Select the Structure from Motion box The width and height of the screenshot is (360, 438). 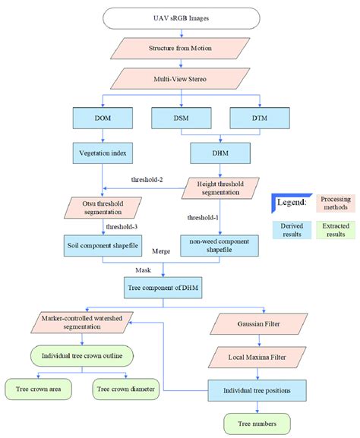(180, 49)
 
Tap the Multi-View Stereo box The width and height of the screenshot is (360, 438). (180, 79)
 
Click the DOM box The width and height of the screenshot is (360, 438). (103, 118)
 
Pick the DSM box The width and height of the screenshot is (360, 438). (180, 118)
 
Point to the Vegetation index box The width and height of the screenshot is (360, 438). (103, 152)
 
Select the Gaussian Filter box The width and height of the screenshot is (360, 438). (263, 323)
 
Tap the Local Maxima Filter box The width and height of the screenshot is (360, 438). (263, 356)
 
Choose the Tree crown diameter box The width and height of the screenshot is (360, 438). (125, 389)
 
